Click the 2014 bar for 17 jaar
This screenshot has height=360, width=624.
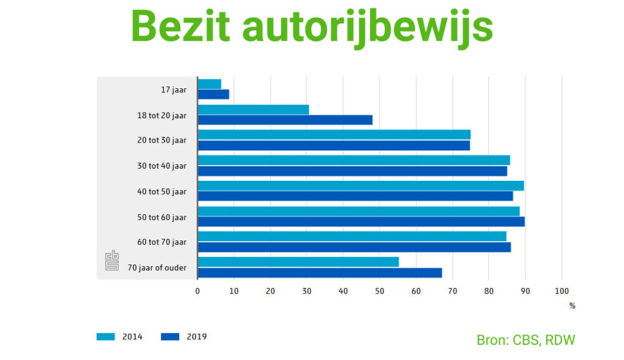click(x=210, y=84)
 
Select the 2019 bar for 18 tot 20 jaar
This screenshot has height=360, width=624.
click(x=285, y=120)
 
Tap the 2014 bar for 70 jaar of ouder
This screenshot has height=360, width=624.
click(x=298, y=262)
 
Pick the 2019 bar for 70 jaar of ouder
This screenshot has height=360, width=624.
click(x=319, y=273)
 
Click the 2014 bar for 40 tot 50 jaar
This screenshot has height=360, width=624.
click(x=360, y=186)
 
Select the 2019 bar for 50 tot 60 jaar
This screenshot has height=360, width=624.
click(x=361, y=222)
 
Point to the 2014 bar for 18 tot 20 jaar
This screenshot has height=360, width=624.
click(x=253, y=110)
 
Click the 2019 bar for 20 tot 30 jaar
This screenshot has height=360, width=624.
click(x=333, y=146)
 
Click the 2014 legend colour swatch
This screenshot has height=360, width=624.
click(x=106, y=337)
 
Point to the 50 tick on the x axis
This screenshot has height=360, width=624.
click(x=379, y=291)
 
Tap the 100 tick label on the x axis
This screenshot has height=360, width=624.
click(x=561, y=291)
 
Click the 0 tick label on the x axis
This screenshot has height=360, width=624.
click(x=197, y=291)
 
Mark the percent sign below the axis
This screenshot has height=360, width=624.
click(x=572, y=306)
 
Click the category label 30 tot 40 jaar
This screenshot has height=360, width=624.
click(x=161, y=166)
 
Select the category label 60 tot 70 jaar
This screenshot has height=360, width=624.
click(x=161, y=242)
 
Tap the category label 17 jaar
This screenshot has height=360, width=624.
click(x=174, y=90)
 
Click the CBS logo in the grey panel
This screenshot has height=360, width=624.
click(x=112, y=261)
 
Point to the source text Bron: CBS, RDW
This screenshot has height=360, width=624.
click(x=525, y=340)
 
